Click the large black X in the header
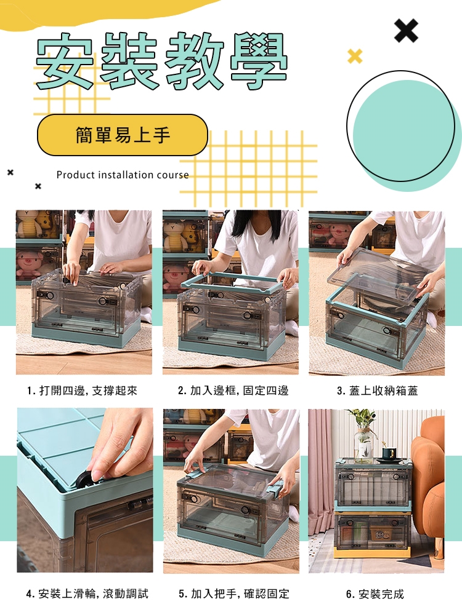click(x=406, y=30)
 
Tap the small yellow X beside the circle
click(x=355, y=57)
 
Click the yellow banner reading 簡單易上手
click(x=122, y=135)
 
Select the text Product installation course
click(x=123, y=175)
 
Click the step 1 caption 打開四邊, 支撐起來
click(x=83, y=391)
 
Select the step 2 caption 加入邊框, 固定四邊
click(x=233, y=391)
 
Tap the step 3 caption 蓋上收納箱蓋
click(x=378, y=391)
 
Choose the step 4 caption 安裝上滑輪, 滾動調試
click(x=87, y=594)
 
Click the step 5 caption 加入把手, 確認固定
click(x=234, y=594)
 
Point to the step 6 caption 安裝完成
click(x=375, y=594)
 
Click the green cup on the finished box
click(x=389, y=454)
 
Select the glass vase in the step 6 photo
click(x=363, y=443)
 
